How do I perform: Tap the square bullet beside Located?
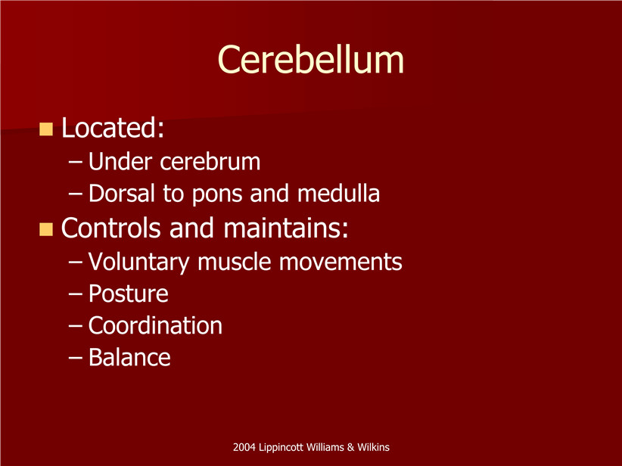click(x=46, y=129)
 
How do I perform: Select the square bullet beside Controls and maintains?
click(x=46, y=229)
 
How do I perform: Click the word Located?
click(x=113, y=128)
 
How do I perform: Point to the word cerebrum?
click(x=210, y=162)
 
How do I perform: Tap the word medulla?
click(x=338, y=193)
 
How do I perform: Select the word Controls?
click(x=110, y=228)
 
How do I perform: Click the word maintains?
click(x=286, y=228)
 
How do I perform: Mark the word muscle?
click(x=235, y=261)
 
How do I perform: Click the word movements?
click(x=341, y=263)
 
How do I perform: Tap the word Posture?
click(x=128, y=294)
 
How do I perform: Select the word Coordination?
click(x=155, y=325)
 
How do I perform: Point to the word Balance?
click(x=129, y=357)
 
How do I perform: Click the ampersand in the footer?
click(x=350, y=447)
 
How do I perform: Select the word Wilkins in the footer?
click(x=373, y=447)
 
